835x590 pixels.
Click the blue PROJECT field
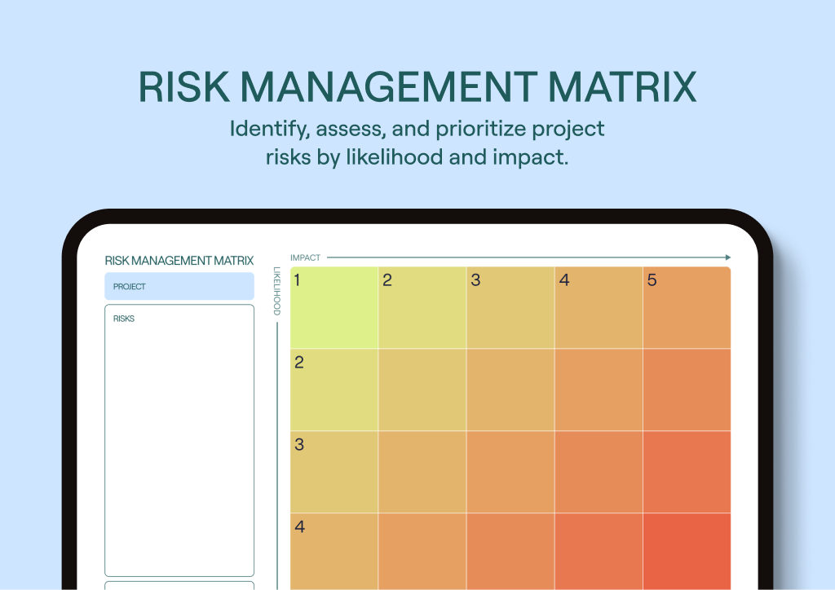pyautogui.click(x=179, y=287)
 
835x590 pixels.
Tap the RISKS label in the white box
pyautogui.click(x=124, y=319)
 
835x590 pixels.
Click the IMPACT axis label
pyautogui.click(x=305, y=258)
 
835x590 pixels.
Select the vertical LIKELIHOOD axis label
pyautogui.click(x=277, y=291)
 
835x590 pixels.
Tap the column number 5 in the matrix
pyautogui.click(x=652, y=280)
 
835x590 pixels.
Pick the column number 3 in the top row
pyautogui.click(x=475, y=280)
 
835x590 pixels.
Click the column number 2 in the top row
pyautogui.click(x=387, y=280)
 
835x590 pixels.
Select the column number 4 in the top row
pyautogui.click(x=563, y=280)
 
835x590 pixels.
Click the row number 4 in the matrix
pyautogui.click(x=299, y=526)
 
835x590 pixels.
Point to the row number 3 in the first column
pyautogui.click(x=299, y=445)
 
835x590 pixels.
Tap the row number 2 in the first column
pyautogui.click(x=299, y=363)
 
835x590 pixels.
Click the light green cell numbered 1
pyautogui.click(x=334, y=308)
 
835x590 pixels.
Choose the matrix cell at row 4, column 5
pyautogui.click(x=687, y=551)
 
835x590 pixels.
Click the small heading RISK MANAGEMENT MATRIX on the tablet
pyautogui.click(x=179, y=261)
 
